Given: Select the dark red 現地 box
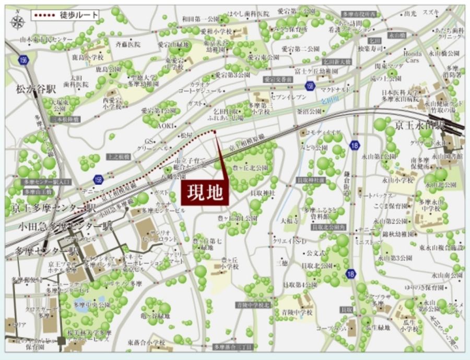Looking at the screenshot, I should click(x=205, y=192).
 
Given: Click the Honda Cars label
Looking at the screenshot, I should click(x=412, y=56).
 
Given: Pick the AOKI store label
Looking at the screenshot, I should click(x=167, y=126).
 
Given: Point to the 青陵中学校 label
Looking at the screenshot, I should click(x=298, y=313).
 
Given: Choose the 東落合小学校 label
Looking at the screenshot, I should click(x=146, y=343).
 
